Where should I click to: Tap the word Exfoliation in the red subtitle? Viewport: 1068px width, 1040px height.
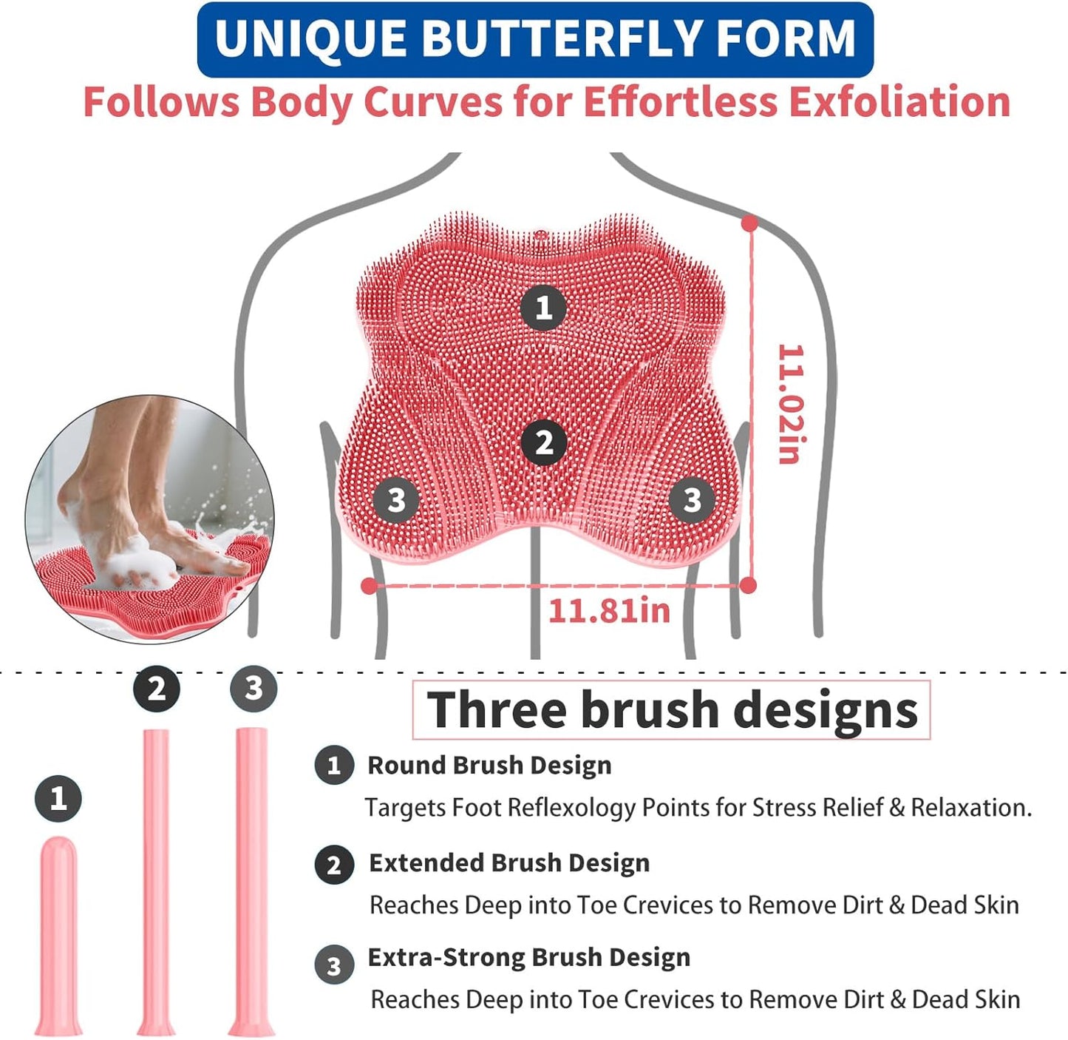coord(899,102)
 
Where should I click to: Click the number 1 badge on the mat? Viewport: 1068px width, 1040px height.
coord(544,308)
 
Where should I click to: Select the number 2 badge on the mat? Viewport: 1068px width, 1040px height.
coord(545,442)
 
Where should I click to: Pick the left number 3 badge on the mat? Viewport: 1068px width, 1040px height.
coord(396,500)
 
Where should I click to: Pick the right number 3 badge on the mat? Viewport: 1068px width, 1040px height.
coord(692,500)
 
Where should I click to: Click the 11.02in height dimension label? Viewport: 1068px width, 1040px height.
coord(790,404)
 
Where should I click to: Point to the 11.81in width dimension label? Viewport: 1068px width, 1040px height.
coord(609,611)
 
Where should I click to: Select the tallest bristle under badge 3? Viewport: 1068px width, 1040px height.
coord(251,880)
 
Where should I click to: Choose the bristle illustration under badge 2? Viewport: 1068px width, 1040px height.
coord(156,880)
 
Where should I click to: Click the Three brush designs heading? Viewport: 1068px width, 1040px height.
coord(671,710)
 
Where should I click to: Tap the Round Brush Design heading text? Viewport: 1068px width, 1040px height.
coord(489,766)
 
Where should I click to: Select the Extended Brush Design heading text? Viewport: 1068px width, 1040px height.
coord(509,863)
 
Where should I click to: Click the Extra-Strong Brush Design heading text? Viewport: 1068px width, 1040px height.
coord(529,957)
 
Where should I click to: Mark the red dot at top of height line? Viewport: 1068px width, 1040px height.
coord(749,223)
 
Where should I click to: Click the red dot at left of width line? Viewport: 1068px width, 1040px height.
coord(370,586)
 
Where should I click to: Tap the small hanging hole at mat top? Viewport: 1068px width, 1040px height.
coord(540,237)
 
